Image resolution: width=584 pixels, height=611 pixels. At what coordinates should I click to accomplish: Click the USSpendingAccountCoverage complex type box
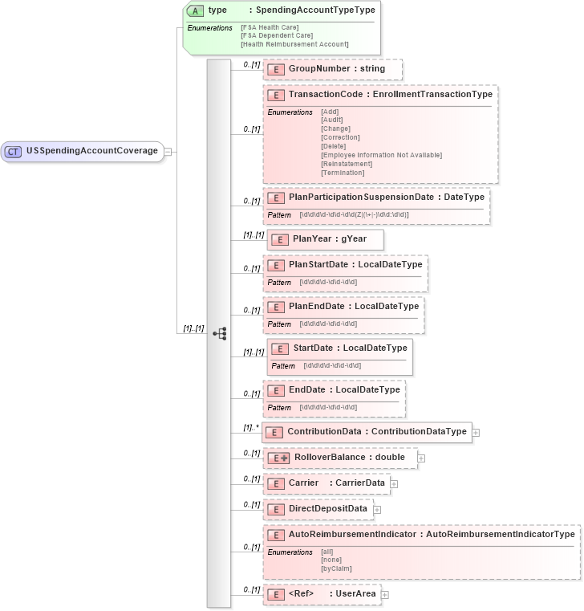83,150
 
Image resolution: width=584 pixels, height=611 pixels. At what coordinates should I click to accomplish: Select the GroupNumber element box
332,69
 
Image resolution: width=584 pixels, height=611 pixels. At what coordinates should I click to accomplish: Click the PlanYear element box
326,238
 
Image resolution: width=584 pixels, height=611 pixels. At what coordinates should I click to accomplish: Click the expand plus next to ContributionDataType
476,432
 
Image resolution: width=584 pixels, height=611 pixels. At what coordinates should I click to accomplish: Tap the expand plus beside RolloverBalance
421,458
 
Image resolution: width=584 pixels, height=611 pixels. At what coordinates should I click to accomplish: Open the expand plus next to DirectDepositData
377,509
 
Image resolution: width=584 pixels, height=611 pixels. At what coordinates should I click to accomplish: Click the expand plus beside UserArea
385,595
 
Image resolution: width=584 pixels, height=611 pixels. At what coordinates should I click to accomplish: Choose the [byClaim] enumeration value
336,568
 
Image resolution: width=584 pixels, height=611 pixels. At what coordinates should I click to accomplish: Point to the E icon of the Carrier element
275,483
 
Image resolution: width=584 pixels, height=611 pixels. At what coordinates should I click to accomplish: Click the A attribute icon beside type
195,10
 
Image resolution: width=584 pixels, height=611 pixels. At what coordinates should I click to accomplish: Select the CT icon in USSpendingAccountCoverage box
14,150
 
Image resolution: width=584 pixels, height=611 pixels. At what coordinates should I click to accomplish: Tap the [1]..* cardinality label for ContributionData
251,427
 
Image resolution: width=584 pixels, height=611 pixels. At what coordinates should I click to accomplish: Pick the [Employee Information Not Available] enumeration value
381,155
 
